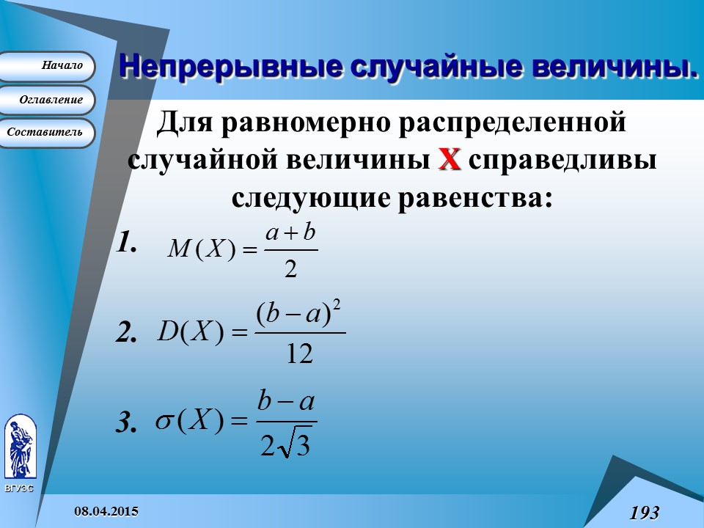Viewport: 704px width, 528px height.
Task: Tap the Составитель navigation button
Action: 48,133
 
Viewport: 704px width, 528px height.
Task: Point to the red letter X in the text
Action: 449,158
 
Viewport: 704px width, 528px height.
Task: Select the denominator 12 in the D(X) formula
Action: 298,355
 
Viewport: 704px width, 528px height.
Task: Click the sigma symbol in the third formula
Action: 164,422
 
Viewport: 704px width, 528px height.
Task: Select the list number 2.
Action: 127,334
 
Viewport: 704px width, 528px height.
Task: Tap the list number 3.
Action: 126,424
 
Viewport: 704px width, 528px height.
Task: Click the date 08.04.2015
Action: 106,510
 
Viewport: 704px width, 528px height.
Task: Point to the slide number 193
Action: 644,512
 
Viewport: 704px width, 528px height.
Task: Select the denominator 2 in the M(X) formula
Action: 290,271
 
